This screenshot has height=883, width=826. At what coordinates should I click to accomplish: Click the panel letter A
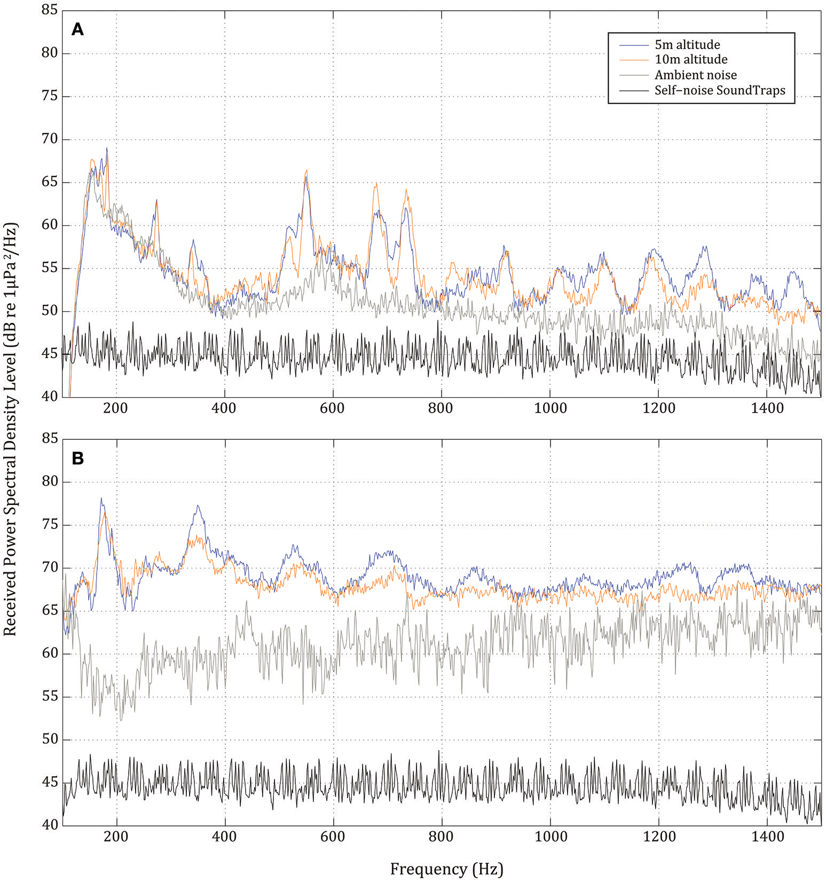(x=77, y=30)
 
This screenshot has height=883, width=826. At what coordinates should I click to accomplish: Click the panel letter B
(x=77, y=459)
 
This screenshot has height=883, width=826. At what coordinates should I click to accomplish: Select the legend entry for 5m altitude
(x=687, y=45)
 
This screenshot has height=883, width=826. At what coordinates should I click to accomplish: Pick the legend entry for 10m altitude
(x=691, y=59)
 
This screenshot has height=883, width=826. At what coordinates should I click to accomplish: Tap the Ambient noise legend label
(x=695, y=75)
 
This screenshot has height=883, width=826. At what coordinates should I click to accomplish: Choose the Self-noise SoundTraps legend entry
(x=720, y=90)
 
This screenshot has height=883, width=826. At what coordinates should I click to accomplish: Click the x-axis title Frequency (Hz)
(x=446, y=869)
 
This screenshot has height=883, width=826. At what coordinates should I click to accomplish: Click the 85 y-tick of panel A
(x=49, y=10)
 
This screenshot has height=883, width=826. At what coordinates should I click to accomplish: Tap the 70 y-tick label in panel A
(x=49, y=139)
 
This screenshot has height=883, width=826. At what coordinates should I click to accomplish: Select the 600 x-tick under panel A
(x=332, y=408)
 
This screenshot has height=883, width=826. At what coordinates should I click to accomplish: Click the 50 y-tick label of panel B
(x=49, y=740)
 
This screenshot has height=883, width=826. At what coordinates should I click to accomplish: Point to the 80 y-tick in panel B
(x=49, y=482)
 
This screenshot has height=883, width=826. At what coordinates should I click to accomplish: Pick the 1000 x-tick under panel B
(x=550, y=837)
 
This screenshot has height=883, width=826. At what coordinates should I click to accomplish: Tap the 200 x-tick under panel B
(x=116, y=837)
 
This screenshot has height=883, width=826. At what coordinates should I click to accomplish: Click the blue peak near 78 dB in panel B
(x=101, y=499)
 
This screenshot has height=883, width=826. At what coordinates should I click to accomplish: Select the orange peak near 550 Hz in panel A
(x=306, y=170)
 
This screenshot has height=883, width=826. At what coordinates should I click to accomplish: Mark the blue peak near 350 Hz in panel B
(x=198, y=506)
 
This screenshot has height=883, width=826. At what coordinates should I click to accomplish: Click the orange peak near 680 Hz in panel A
(x=376, y=184)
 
